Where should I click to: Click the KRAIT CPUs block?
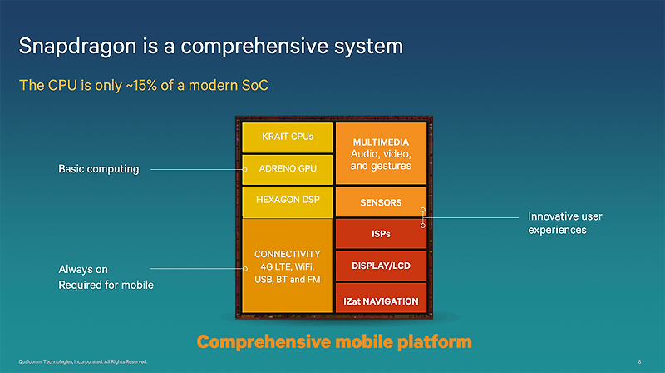[288, 137]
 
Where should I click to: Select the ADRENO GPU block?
[288, 170]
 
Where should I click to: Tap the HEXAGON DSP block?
[288, 202]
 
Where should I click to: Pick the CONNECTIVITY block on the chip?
[288, 266]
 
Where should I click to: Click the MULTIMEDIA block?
[381, 153]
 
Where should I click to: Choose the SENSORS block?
[381, 202]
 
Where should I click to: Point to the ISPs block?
[381, 234]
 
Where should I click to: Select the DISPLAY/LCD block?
[381, 266]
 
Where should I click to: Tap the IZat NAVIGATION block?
[381, 298]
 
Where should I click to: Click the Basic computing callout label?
[99, 169]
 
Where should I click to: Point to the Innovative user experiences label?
[565, 223]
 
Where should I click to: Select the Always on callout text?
[83, 269]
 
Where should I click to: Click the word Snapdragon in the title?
[77, 47]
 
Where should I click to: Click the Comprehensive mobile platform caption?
[334, 342]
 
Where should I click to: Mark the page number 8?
[639, 362]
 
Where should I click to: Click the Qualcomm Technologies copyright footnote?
[82, 362]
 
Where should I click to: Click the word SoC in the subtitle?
[255, 86]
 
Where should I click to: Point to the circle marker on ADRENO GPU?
[244, 170]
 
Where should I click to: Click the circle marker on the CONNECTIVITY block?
[245, 268]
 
